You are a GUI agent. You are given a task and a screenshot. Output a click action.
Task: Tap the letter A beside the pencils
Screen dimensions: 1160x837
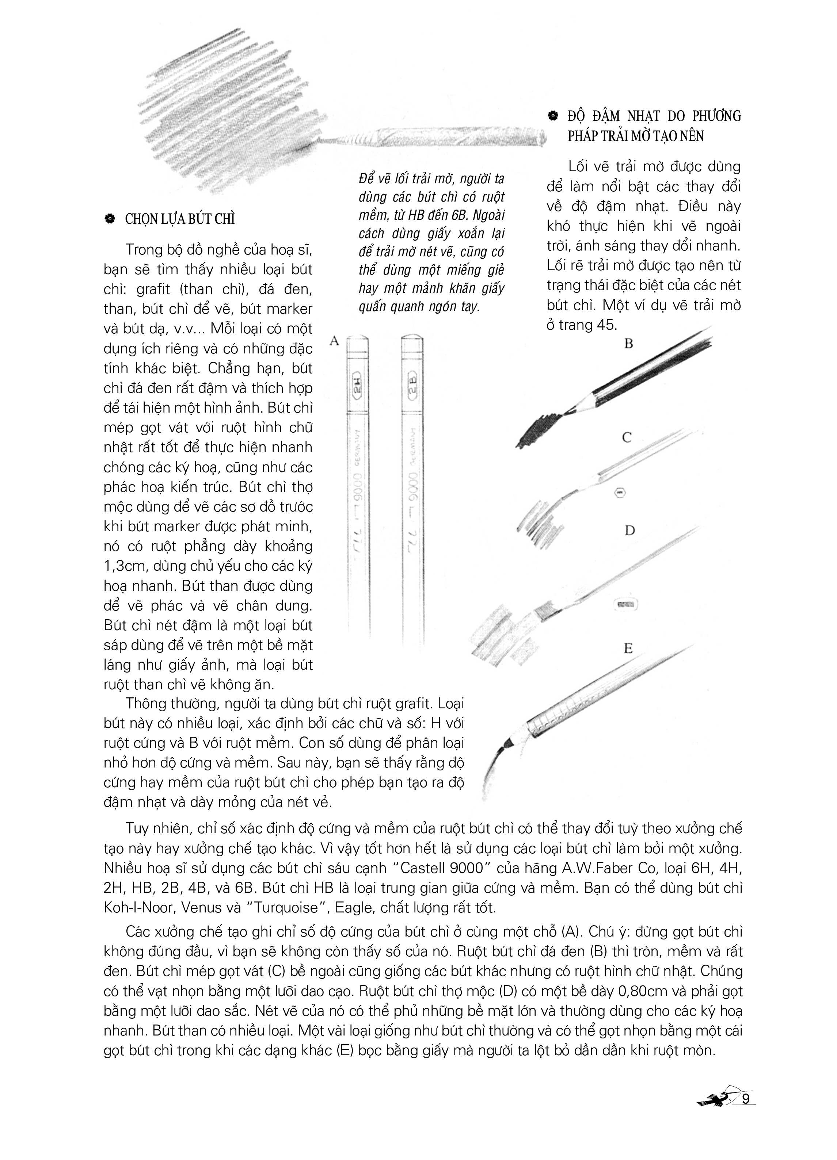[335, 341]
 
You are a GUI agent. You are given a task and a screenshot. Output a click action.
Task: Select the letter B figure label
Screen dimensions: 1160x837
[628, 344]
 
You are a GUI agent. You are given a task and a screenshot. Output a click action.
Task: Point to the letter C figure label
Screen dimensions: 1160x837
[627, 437]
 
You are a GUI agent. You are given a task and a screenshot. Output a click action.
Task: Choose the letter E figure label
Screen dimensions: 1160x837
[628, 648]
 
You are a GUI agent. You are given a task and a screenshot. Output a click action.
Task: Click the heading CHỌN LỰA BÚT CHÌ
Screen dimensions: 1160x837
[180, 219]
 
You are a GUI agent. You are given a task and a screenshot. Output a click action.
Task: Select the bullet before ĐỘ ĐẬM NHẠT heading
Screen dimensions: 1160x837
[552, 116]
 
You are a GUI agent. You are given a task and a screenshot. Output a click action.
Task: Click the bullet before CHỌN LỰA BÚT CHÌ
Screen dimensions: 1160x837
[109, 219]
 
